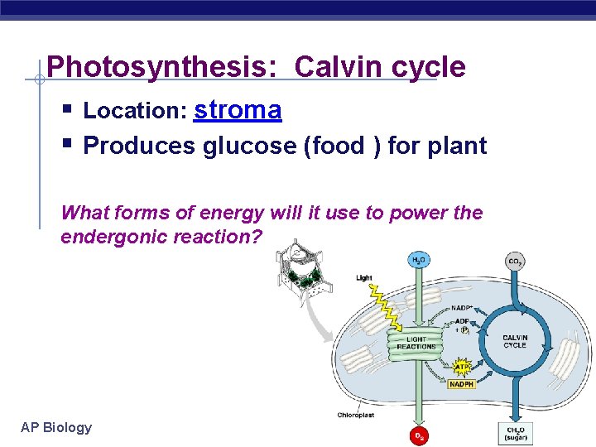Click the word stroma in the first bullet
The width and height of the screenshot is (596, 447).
tap(238, 110)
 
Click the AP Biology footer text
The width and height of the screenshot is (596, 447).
tap(56, 427)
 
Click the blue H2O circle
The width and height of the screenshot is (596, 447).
tap(419, 260)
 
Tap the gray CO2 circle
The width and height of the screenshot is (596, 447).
tap(514, 262)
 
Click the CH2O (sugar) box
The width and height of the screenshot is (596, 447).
tap(515, 433)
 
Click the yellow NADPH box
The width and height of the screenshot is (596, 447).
tap(462, 384)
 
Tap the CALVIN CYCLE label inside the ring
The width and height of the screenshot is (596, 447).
tap(514, 341)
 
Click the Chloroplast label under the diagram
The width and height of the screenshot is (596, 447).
tap(356, 415)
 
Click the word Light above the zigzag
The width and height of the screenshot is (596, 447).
tap(364, 277)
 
